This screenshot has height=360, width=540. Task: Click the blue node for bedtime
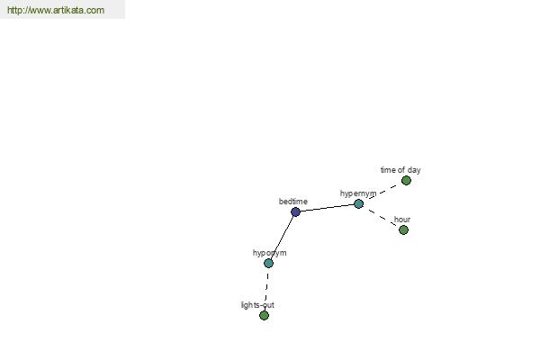tap(295, 211)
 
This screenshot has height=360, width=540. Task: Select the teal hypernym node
tap(358, 204)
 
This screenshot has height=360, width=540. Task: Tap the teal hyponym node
tap(268, 263)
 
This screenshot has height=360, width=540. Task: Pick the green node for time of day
tap(406, 181)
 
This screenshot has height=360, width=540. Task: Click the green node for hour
tap(403, 229)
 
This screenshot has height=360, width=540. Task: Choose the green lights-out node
tap(264, 315)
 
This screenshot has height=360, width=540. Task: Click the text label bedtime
tap(293, 202)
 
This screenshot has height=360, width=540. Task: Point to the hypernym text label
tap(358, 193)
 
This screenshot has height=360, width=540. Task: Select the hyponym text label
tap(270, 253)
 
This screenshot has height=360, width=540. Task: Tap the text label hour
tap(402, 220)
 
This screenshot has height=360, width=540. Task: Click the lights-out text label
tap(257, 305)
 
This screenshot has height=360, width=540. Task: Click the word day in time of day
tap(414, 170)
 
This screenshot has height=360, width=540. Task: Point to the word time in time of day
tap(388, 170)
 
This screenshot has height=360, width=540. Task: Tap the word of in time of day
tap(401, 170)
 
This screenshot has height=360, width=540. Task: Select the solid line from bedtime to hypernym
tap(328, 208)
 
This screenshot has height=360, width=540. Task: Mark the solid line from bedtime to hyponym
tap(282, 238)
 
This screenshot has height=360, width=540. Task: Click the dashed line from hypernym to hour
tap(382, 218)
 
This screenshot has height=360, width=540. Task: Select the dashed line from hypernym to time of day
tap(383, 192)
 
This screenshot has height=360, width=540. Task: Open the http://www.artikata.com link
tap(56, 10)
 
